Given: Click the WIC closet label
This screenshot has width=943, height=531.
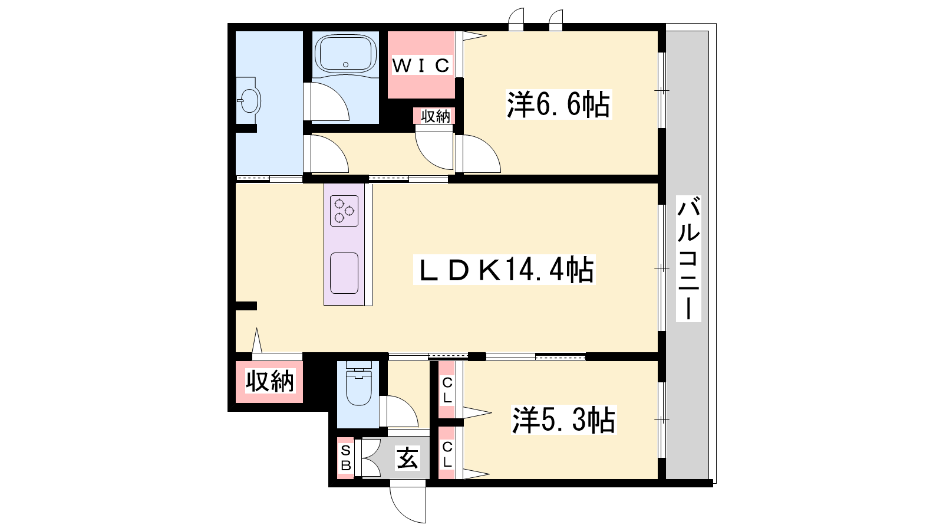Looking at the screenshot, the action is (421, 65).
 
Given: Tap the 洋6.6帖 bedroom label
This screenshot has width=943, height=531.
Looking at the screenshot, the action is (558, 104).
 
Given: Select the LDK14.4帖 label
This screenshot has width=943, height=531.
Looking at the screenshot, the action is (505, 270).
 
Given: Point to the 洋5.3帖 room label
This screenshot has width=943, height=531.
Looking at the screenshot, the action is (563, 419).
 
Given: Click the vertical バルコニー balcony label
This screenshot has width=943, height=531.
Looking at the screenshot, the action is (688, 258).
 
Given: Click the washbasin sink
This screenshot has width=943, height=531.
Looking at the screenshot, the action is (249, 101).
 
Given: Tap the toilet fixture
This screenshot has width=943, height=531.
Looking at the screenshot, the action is (359, 383).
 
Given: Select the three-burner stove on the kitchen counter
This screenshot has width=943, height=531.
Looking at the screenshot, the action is (344, 211).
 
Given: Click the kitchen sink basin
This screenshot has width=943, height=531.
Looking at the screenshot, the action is (344, 273).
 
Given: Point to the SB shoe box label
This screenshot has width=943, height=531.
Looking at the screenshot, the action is (345, 458).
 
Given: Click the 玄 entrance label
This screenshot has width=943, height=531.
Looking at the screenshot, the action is (407, 458).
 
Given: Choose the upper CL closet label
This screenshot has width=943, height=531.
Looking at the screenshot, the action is (447, 390).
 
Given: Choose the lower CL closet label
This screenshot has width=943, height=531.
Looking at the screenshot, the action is (447, 454).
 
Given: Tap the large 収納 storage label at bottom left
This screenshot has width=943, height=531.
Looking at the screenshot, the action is (269, 381).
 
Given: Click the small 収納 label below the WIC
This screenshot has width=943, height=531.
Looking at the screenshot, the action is (436, 116).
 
